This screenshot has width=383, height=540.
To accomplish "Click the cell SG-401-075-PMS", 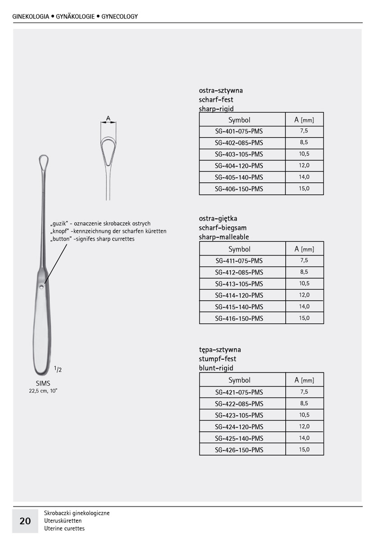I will click(239, 131).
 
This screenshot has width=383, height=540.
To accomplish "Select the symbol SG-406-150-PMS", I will click(239, 189).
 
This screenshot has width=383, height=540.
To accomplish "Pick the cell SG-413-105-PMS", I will click(239, 284).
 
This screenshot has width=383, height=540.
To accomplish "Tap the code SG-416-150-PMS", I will click(239, 319).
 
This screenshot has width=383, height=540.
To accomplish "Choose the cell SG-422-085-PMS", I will click(239, 404).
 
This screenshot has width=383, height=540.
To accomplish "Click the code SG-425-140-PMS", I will click(239, 438).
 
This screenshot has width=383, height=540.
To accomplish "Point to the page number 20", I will click(25, 521).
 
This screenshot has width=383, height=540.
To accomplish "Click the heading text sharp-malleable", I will click(223, 237).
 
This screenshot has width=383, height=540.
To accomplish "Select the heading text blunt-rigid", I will click(216, 368).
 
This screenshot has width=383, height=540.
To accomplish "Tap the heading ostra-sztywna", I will click(221, 90).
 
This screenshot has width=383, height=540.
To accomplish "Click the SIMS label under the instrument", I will click(43, 383).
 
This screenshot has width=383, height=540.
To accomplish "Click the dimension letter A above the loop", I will click(108, 118).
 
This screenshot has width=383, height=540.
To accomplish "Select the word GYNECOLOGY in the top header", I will click(119, 17).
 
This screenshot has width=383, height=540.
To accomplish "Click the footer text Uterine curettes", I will click(64, 528).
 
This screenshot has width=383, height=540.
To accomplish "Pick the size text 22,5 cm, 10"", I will click(43, 391).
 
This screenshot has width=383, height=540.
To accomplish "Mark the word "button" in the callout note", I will click(61, 239).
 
